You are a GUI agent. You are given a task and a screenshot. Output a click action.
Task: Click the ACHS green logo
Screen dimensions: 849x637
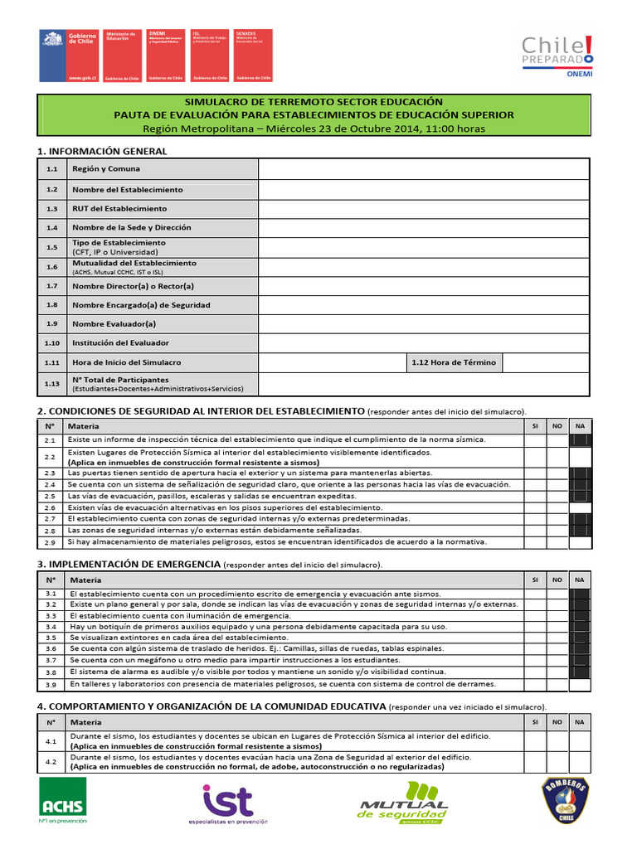(x=64, y=801)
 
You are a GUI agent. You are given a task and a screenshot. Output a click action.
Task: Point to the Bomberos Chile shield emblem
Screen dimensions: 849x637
(x=566, y=801)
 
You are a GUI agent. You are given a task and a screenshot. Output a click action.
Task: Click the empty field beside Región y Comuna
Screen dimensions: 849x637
(x=423, y=168)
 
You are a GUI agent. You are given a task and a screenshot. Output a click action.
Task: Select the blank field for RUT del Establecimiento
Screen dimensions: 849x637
(x=423, y=208)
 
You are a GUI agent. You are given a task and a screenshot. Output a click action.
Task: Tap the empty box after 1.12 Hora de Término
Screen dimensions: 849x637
(x=545, y=362)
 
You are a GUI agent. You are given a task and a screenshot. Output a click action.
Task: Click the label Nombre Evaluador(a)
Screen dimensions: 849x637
(x=114, y=323)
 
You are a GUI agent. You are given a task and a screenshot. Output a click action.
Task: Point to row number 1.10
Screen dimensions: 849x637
(x=52, y=342)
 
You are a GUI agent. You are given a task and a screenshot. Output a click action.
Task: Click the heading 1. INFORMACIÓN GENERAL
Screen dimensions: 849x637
(x=102, y=151)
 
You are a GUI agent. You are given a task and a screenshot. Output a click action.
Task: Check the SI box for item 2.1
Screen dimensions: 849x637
(x=535, y=440)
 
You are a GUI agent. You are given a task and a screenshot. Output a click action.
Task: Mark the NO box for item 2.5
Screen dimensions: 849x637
(x=557, y=496)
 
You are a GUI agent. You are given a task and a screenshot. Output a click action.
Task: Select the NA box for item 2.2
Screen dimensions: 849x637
(x=580, y=457)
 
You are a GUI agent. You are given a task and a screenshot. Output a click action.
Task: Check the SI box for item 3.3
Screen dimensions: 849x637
(x=535, y=616)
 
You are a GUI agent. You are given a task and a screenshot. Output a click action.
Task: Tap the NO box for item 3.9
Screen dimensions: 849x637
(x=557, y=685)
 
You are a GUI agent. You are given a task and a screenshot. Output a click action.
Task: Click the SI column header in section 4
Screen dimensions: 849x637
(x=535, y=722)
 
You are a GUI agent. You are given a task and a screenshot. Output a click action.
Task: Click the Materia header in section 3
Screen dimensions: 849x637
(x=85, y=580)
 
